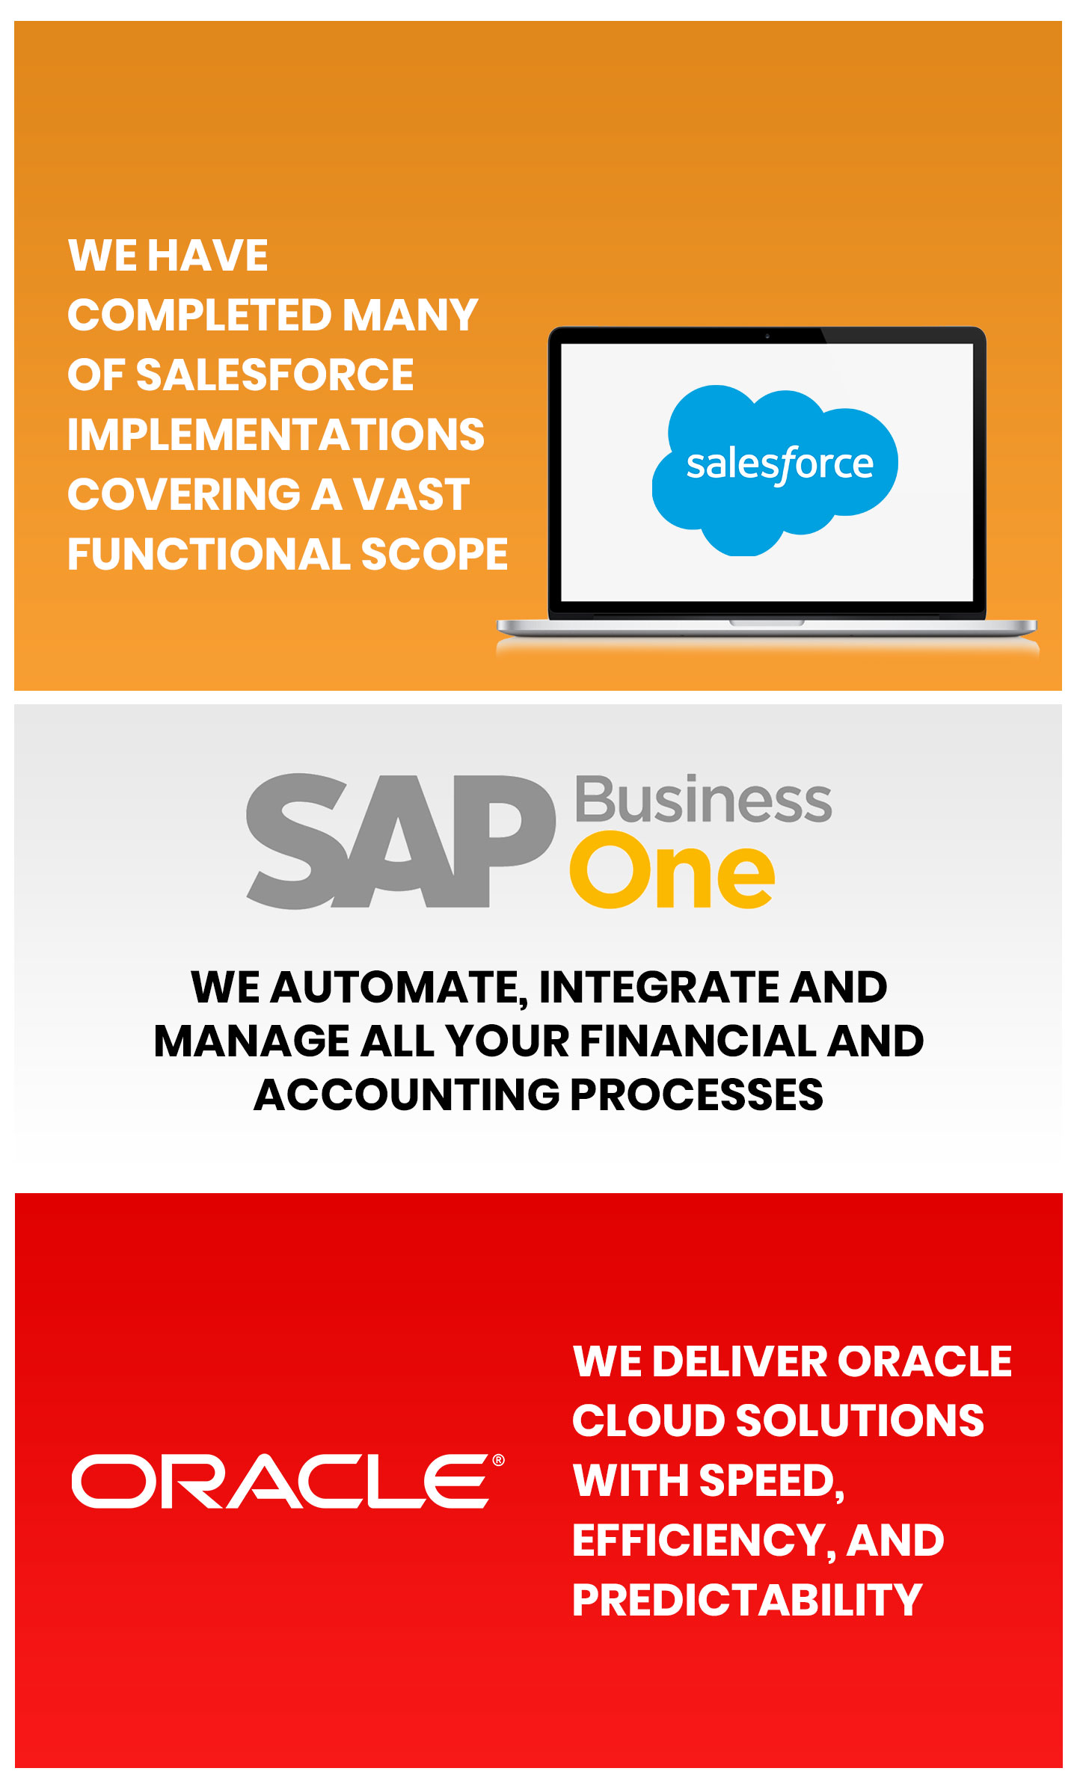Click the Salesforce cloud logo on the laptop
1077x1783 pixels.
pyautogui.click(x=775, y=470)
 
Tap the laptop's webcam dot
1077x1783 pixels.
pyautogui.click(x=767, y=336)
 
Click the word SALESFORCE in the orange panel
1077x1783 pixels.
pyautogui.click(x=274, y=375)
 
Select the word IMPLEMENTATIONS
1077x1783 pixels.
pyautogui.click(x=276, y=434)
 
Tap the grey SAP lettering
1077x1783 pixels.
pyautogui.click(x=401, y=841)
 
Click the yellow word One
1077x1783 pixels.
pyautogui.click(x=672, y=874)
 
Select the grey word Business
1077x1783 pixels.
pyautogui.click(x=703, y=799)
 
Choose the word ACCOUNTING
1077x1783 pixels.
pyautogui.click(x=407, y=1094)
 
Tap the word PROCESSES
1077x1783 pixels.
pyautogui.click(x=696, y=1094)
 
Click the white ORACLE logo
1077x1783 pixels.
pyautogui.click(x=280, y=1481)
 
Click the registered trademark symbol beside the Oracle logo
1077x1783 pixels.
pyautogui.click(x=498, y=1460)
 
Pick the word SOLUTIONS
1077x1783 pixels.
pyautogui.click(x=860, y=1420)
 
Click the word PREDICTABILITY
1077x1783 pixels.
pyautogui.click(x=747, y=1600)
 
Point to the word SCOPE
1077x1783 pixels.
pyautogui.click(x=435, y=554)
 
